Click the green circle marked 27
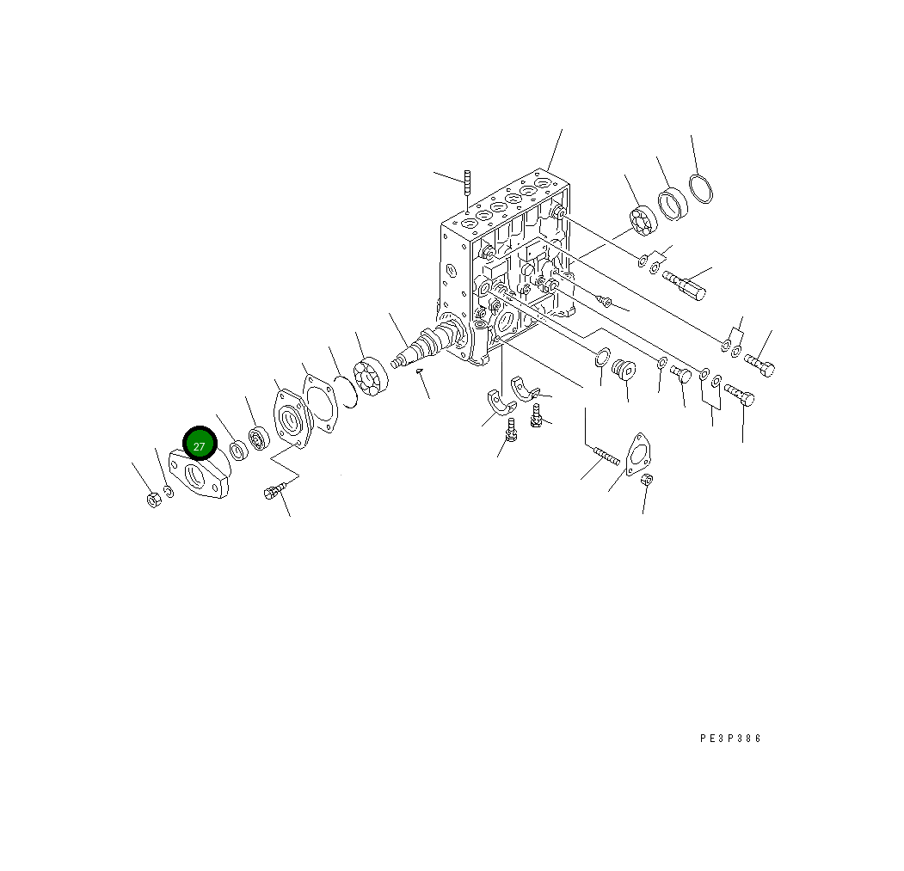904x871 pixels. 200,444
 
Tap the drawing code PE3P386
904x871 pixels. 730,738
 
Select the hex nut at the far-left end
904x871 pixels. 153,500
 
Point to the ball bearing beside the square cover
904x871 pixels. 258,439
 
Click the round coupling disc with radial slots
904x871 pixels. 372,378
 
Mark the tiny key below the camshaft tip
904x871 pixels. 419,371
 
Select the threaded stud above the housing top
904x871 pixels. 466,183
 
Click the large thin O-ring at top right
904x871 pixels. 701,188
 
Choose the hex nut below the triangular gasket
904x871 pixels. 648,481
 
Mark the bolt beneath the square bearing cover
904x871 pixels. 274,492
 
